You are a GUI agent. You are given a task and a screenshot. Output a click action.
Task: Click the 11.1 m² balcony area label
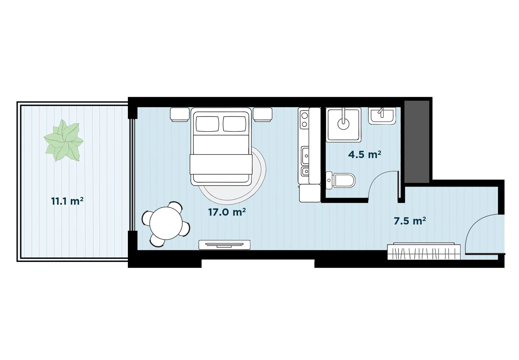67,201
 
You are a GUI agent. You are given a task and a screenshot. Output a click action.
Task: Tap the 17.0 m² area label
227,212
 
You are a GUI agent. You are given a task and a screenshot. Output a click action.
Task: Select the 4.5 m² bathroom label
365,154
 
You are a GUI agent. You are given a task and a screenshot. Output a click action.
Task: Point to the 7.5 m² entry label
410,221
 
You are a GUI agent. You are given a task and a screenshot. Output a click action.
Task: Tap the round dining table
166,223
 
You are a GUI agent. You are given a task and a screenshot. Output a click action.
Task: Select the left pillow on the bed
207,124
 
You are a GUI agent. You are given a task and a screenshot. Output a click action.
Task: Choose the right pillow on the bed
234,124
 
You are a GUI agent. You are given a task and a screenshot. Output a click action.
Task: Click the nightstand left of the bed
180,114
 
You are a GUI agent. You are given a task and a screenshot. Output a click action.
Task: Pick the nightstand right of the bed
263,114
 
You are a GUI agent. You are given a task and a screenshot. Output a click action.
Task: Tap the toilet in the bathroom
341,180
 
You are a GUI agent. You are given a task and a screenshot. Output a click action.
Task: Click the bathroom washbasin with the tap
382,116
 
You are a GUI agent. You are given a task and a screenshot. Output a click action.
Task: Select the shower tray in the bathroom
344,125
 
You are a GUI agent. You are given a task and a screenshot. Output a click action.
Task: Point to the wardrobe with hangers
424,251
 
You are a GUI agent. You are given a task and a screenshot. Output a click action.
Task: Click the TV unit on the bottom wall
224,245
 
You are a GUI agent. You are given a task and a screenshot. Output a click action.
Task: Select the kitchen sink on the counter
305,156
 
